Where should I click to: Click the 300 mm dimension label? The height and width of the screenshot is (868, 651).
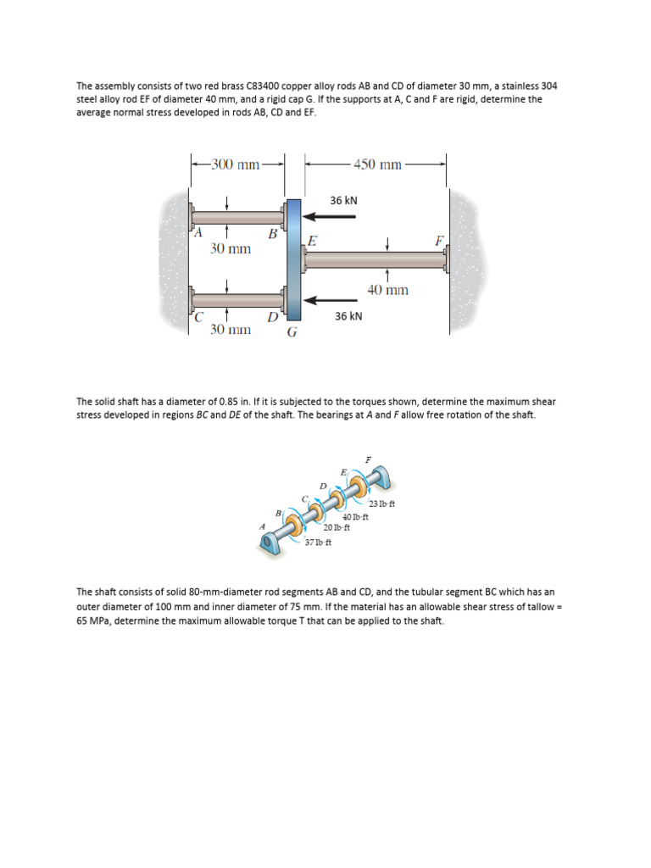point(236,164)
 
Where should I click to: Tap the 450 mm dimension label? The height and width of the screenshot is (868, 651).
point(377,164)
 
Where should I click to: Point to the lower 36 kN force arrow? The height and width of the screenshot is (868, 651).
point(331,299)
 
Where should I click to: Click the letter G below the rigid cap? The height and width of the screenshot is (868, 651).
point(292,332)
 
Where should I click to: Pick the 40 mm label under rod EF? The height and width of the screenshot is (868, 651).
point(387,290)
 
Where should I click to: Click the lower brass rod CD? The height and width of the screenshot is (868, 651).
point(237,300)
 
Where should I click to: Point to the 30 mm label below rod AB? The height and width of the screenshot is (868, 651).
point(231,249)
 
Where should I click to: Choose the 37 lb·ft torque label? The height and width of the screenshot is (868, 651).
point(318,542)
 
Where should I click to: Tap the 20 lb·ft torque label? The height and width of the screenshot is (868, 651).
point(337,527)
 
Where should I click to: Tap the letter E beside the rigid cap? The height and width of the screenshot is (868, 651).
point(312,241)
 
